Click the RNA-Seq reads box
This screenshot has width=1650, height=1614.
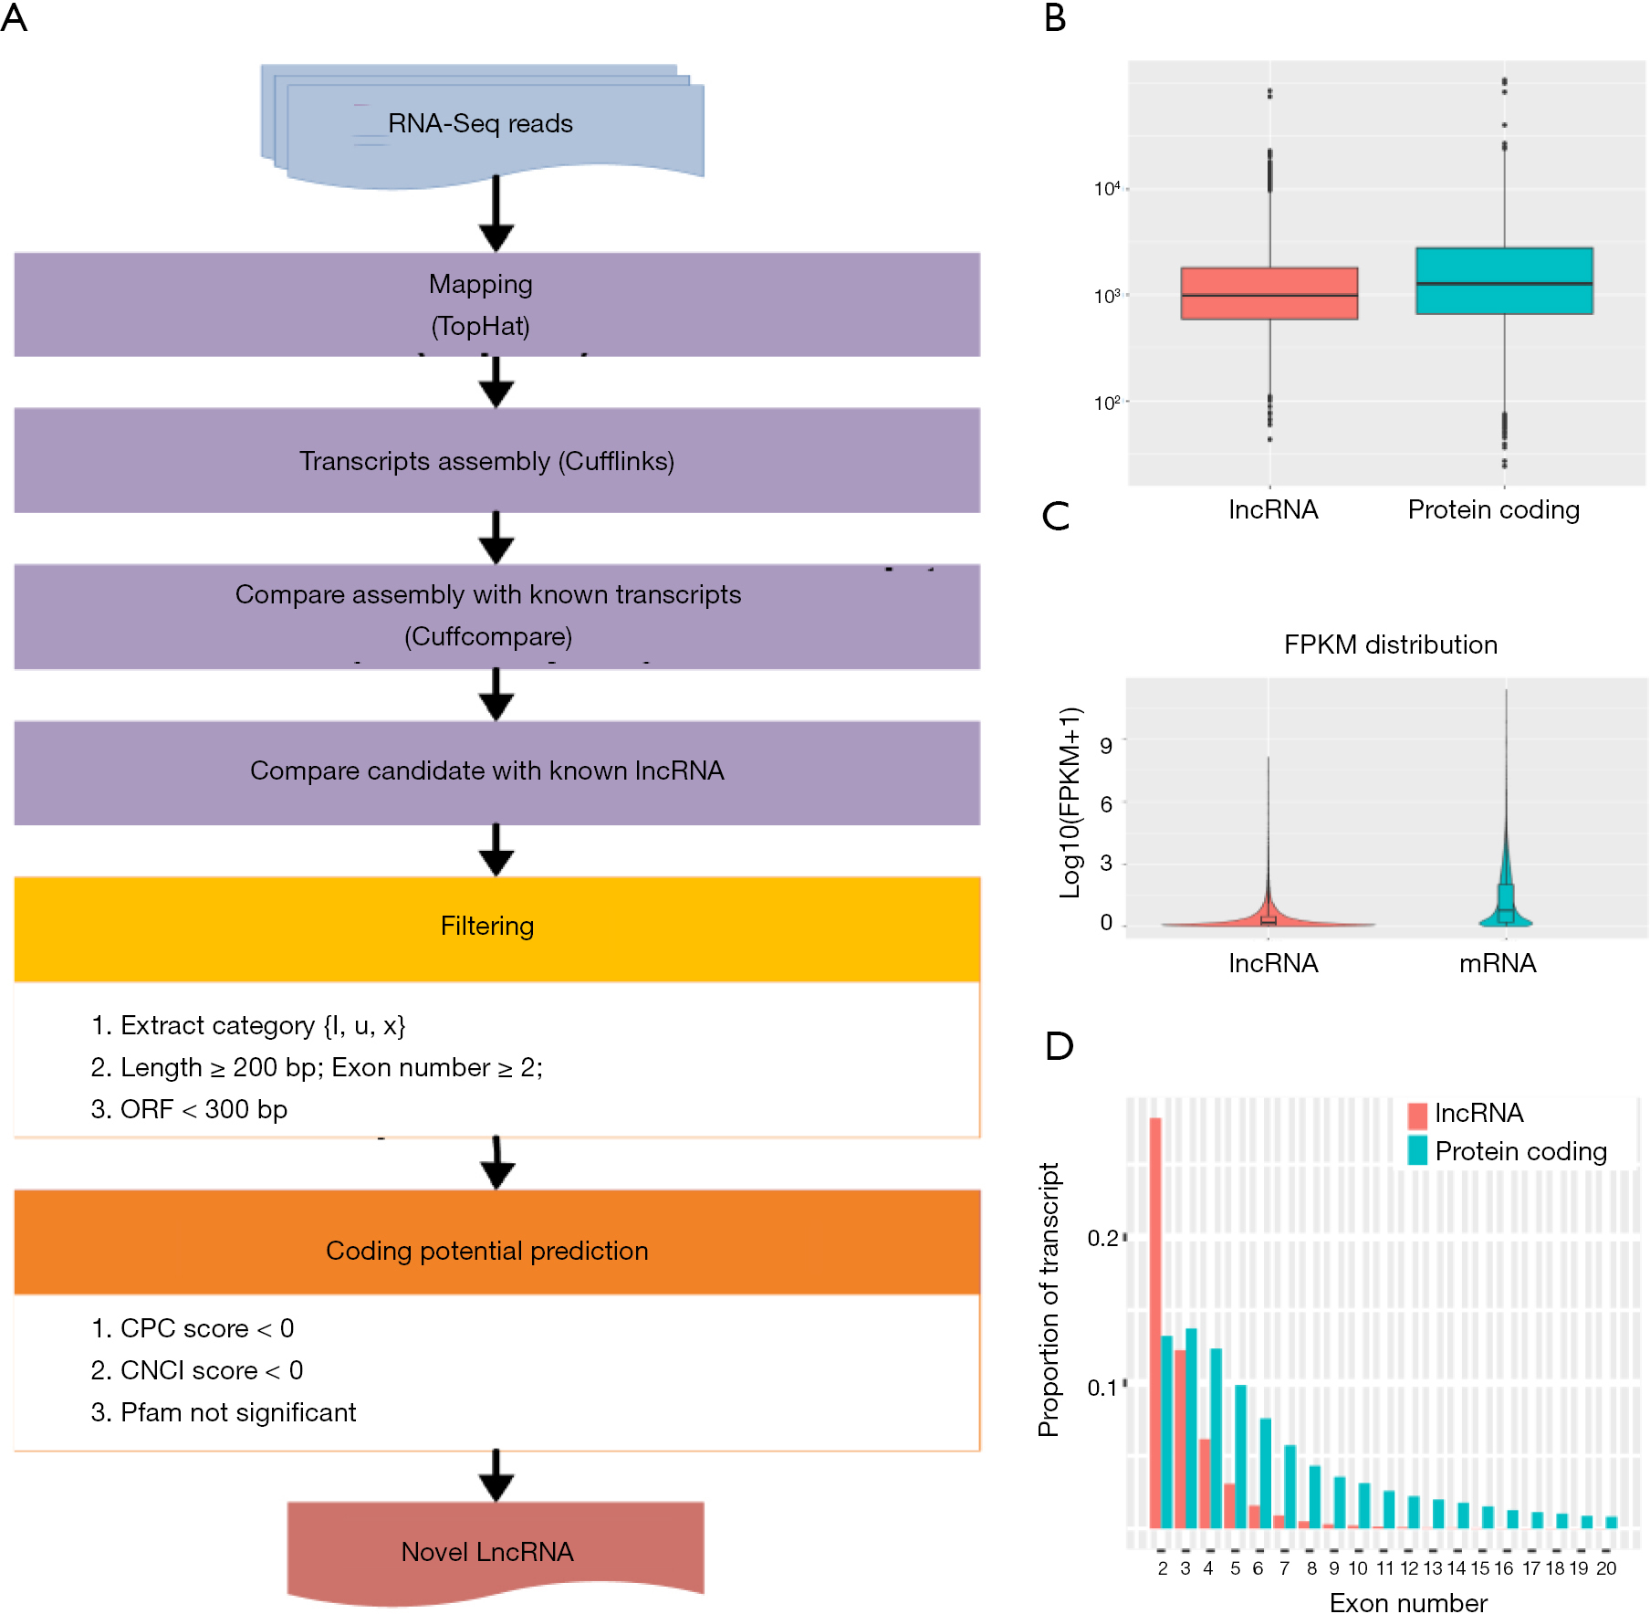(x=483, y=126)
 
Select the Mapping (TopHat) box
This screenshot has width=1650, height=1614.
(x=496, y=304)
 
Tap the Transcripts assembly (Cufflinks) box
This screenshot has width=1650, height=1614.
(x=496, y=460)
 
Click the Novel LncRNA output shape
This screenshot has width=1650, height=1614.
(x=496, y=1553)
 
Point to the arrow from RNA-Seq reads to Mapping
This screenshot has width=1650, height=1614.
(x=496, y=213)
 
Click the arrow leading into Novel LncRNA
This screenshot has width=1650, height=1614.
(x=496, y=1475)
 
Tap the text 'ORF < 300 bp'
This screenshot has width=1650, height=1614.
(x=204, y=1109)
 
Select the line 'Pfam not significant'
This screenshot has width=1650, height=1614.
(x=238, y=1412)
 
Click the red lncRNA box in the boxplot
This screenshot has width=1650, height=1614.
(x=1269, y=293)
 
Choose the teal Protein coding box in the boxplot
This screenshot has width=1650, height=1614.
(x=1504, y=281)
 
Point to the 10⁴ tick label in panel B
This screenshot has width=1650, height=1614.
(x=1107, y=189)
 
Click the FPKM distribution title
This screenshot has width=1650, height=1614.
(x=1391, y=645)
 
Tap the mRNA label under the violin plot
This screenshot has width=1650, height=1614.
(x=1498, y=963)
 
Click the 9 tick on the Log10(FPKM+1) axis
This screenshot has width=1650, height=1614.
(x=1106, y=745)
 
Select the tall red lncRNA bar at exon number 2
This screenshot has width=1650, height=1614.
(x=1155, y=1323)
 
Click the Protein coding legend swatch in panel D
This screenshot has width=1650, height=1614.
(x=1417, y=1150)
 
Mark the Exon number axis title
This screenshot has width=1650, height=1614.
(x=1408, y=1602)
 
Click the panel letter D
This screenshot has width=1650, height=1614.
(x=1059, y=1046)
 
